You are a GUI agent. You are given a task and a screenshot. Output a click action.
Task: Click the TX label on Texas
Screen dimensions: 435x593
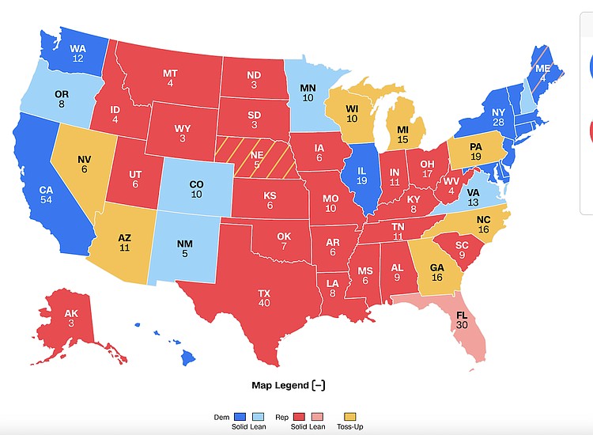click(x=264, y=293)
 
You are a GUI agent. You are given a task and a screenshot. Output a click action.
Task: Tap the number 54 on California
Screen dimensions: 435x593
click(x=47, y=200)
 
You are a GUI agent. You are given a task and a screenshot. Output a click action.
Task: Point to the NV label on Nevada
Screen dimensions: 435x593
click(x=85, y=159)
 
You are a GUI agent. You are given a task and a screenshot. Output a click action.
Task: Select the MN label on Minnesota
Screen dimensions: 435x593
click(x=308, y=88)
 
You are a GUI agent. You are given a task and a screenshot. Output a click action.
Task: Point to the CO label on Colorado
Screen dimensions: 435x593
click(x=197, y=184)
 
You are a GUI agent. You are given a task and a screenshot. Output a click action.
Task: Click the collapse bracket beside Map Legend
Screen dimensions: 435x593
click(x=319, y=385)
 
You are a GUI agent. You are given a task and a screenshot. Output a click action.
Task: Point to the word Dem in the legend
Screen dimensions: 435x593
click(x=221, y=416)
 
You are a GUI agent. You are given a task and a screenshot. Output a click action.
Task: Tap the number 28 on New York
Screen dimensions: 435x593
click(x=498, y=123)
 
